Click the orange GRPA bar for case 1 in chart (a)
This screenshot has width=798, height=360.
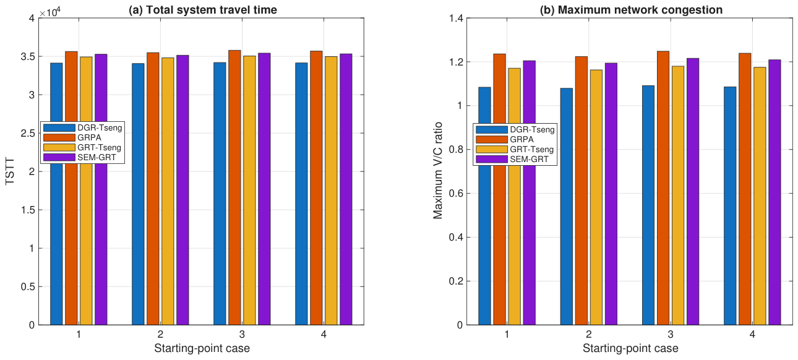[x=71, y=188]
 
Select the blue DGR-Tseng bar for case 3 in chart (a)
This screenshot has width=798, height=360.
[x=220, y=194]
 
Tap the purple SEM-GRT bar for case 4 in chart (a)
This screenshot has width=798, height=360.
[x=346, y=189]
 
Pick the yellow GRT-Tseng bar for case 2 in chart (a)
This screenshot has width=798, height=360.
[x=168, y=191]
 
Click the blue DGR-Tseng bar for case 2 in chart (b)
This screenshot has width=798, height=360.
[x=567, y=207]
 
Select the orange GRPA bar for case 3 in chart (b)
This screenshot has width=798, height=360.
[x=663, y=188]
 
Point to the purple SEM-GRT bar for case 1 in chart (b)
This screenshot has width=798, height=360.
[x=530, y=192]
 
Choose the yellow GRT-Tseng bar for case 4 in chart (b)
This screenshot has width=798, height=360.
[x=760, y=196]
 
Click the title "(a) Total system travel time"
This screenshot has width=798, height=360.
[x=203, y=10]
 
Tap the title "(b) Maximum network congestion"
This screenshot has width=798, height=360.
[x=631, y=10]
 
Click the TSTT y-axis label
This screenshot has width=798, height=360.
[x=10, y=171]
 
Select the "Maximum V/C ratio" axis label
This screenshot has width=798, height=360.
[x=437, y=171]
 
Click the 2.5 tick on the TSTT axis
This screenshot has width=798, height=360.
[x=27, y=133]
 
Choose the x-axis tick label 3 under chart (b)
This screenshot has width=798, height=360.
[x=671, y=335]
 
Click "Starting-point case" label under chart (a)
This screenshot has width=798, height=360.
[x=202, y=348]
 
